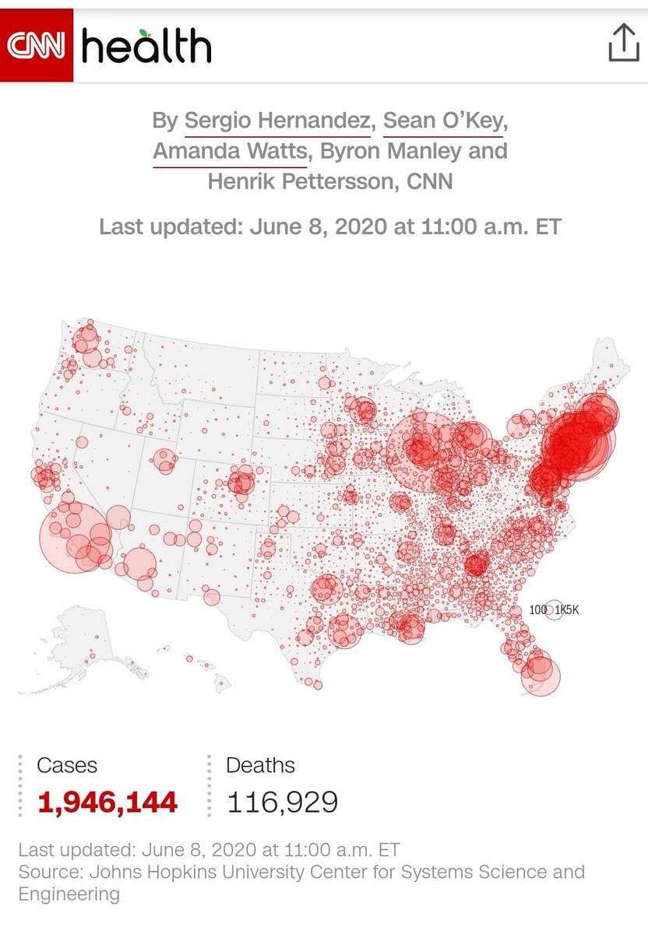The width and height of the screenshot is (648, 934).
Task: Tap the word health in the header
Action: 146,47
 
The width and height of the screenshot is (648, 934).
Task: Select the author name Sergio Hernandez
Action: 276,121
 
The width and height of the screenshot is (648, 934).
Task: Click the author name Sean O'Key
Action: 444,121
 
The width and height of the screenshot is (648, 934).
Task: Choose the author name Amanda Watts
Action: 229,151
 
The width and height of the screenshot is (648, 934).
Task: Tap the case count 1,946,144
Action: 107,801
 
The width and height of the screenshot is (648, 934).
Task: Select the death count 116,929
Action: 282,801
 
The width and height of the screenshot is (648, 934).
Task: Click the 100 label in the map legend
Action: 537,610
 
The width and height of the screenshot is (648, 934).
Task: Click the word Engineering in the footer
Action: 69,894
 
